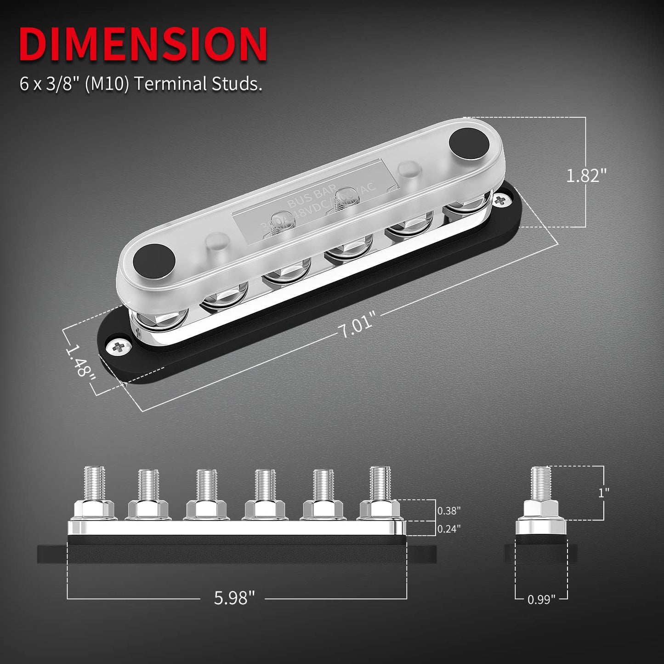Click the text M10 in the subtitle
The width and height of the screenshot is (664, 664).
pyautogui.click(x=107, y=84)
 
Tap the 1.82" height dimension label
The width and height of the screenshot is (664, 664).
pyautogui.click(x=586, y=176)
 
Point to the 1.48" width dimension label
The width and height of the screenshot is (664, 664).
pyautogui.click(x=80, y=361)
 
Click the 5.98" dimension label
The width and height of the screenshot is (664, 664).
pyautogui.click(x=234, y=598)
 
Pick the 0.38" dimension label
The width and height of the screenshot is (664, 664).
pyautogui.click(x=448, y=511)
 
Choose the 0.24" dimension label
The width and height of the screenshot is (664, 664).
pyautogui.click(x=448, y=529)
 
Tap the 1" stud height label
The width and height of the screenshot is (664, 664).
pyautogui.click(x=603, y=493)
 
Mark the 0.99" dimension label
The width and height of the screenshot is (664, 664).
pyautogui.click(x=541, y=599)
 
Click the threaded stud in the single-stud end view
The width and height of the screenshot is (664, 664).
pyautogui.click(x=541, y=482)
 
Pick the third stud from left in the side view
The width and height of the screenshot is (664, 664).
pyautogui.click(x=206, y=485)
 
